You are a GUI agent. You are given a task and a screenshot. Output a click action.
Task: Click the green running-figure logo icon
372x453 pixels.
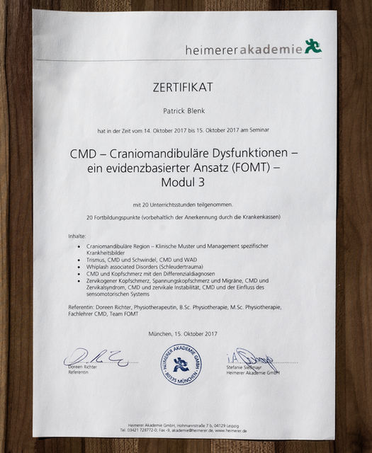(312, 47)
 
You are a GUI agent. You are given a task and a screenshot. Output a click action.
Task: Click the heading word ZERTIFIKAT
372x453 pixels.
(186, 88)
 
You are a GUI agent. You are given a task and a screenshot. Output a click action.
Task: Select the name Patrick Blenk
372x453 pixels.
(186, 110)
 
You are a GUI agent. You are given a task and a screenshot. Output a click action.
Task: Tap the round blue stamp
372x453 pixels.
(181, 364)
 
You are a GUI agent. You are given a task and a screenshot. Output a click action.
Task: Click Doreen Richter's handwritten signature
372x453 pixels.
(94, 358)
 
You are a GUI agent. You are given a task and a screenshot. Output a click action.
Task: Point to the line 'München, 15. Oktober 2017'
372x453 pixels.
(183, 333)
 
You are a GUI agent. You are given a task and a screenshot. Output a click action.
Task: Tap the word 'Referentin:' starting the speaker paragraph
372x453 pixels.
(84, 306)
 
